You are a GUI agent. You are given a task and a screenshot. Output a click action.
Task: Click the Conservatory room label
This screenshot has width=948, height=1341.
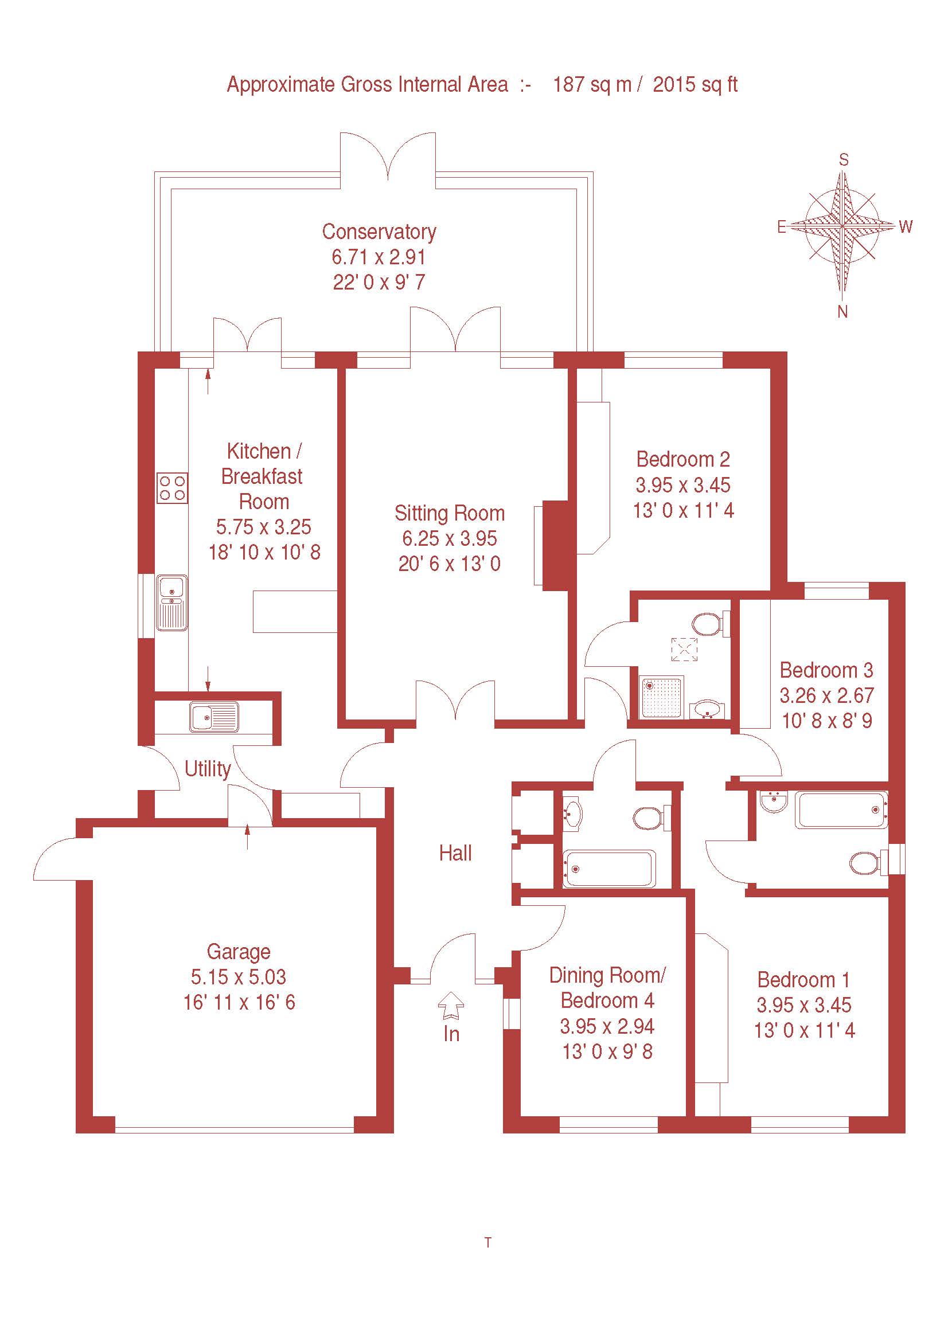pos(379,232)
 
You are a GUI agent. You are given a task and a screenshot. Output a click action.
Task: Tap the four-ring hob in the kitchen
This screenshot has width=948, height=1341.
pos(172,488)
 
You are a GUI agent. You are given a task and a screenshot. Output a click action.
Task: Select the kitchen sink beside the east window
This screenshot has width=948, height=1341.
pos(171,603)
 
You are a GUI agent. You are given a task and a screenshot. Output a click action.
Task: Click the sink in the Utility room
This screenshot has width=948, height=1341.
pos(214,717)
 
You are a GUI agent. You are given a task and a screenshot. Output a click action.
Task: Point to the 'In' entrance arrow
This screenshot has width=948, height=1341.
pos(451,1006)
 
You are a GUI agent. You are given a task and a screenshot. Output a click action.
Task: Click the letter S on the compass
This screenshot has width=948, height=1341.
pos(844,160)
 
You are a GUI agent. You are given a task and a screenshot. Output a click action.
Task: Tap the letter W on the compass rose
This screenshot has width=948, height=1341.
pos(906,226)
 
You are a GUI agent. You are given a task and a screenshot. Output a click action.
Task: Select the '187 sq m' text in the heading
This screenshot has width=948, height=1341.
pos(592,85)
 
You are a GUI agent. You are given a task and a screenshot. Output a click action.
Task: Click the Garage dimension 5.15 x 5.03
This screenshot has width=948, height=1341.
pos(239,977)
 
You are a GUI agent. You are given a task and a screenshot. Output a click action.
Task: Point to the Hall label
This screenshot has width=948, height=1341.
pos(455,853)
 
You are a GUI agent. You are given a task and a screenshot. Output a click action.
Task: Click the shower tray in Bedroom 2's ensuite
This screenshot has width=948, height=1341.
pos(662,697)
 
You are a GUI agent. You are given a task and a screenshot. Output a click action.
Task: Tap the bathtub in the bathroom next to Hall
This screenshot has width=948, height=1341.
pos(608,869)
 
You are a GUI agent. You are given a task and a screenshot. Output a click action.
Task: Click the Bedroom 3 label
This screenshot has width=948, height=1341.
pos(826,670)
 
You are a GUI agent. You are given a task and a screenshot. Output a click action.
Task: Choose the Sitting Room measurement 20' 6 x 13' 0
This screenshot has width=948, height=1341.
pos(449,564)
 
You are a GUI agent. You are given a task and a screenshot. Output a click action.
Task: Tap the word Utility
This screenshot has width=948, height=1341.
pos(208,769)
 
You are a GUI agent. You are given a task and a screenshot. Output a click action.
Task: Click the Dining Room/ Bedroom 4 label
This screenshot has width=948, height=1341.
pos(607,988)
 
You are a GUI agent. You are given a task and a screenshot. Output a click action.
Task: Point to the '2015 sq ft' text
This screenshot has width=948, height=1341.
pos(695,85)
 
